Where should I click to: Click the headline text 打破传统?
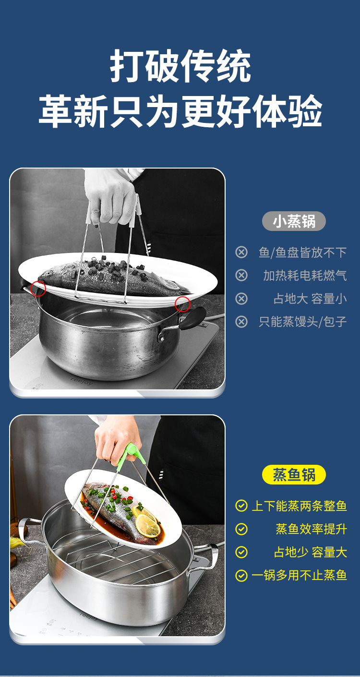180,66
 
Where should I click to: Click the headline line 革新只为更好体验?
180,111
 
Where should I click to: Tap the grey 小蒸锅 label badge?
294,221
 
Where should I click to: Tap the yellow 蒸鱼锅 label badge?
294,474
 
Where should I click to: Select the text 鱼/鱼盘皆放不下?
302,253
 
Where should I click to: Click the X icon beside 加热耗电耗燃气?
241,275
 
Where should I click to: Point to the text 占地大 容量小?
310,299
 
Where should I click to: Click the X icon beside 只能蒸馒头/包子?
241,322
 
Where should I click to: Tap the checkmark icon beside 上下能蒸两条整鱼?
241,506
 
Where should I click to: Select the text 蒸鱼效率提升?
312,529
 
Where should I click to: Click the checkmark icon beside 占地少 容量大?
241,552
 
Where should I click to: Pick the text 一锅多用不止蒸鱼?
299,575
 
